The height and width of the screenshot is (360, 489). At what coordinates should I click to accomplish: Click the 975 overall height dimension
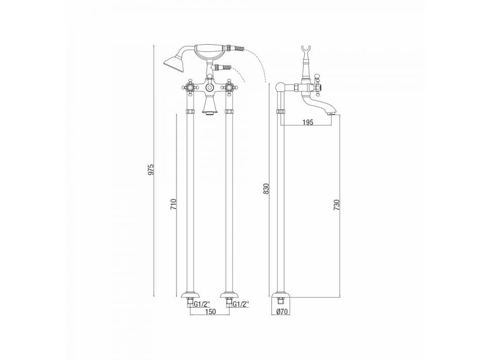[151, 170]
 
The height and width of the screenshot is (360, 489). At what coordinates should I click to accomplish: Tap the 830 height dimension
[266, 189]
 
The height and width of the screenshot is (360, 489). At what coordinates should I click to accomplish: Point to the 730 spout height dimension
[336, 205]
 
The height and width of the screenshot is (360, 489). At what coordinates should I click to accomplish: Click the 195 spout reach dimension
[307, 122]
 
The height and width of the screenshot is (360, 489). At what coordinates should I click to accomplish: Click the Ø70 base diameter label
[282, 311]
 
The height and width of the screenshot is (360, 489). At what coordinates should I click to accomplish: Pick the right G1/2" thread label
[241, 303]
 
